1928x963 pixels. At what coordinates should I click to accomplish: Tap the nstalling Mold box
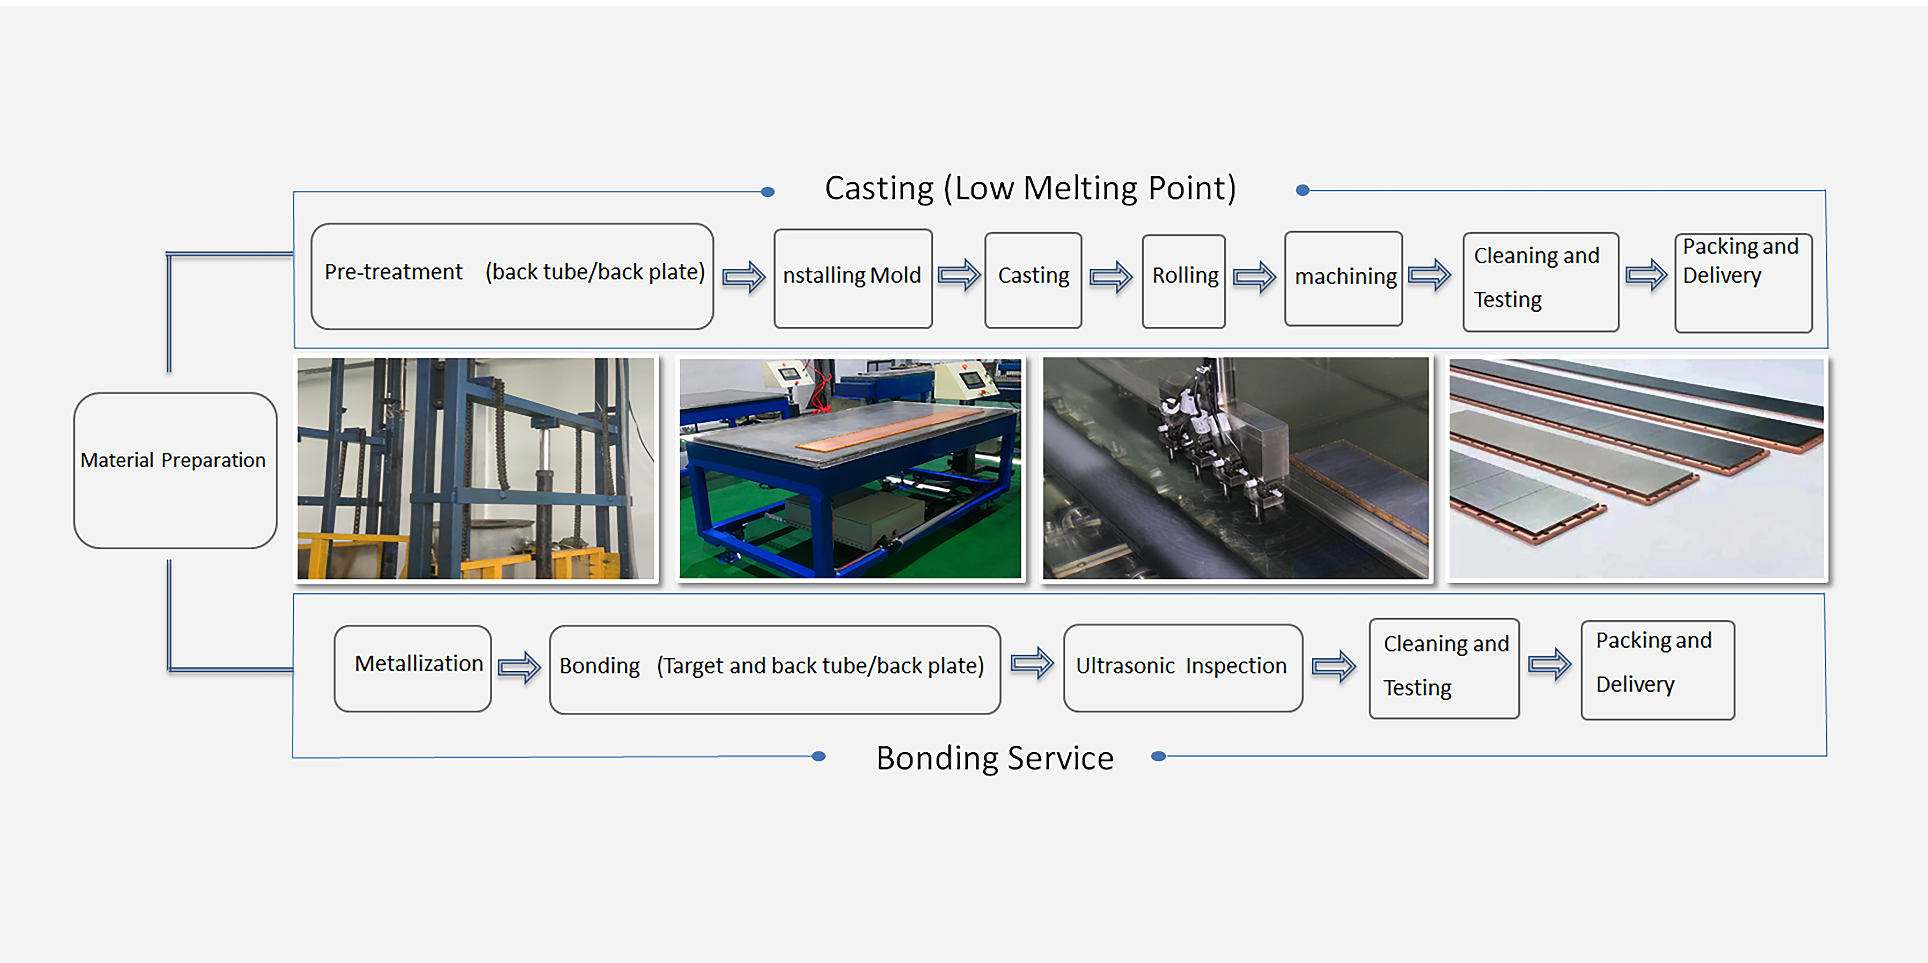coord(852,278)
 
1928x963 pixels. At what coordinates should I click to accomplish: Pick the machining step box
coord(1344,278)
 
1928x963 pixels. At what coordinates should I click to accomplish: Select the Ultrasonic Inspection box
coord(1183,667)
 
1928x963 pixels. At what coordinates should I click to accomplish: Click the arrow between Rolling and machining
coord(1254,277)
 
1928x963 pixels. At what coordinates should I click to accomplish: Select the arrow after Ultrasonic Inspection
coord(1334,666)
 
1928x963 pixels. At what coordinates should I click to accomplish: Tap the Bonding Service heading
coord(995,758)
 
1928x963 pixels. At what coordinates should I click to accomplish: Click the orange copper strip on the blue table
coord(891,429)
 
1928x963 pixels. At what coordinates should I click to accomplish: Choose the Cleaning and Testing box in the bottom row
coord(1444,668)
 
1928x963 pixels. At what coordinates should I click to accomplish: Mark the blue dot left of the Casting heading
coord(767,192)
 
